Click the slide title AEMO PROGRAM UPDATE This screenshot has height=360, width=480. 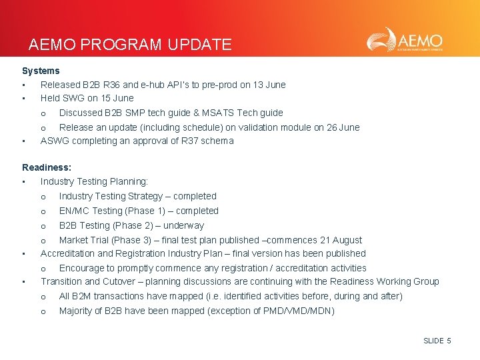point(130,45)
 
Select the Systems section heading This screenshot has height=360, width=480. point(41,71)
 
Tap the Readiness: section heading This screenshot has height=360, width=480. point(47,167)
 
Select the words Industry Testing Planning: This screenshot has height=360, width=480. point(94,181)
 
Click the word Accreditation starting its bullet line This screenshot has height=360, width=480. point(69,253)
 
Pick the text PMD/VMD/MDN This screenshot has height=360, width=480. point(304,311)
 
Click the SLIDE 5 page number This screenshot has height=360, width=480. point(437,341)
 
